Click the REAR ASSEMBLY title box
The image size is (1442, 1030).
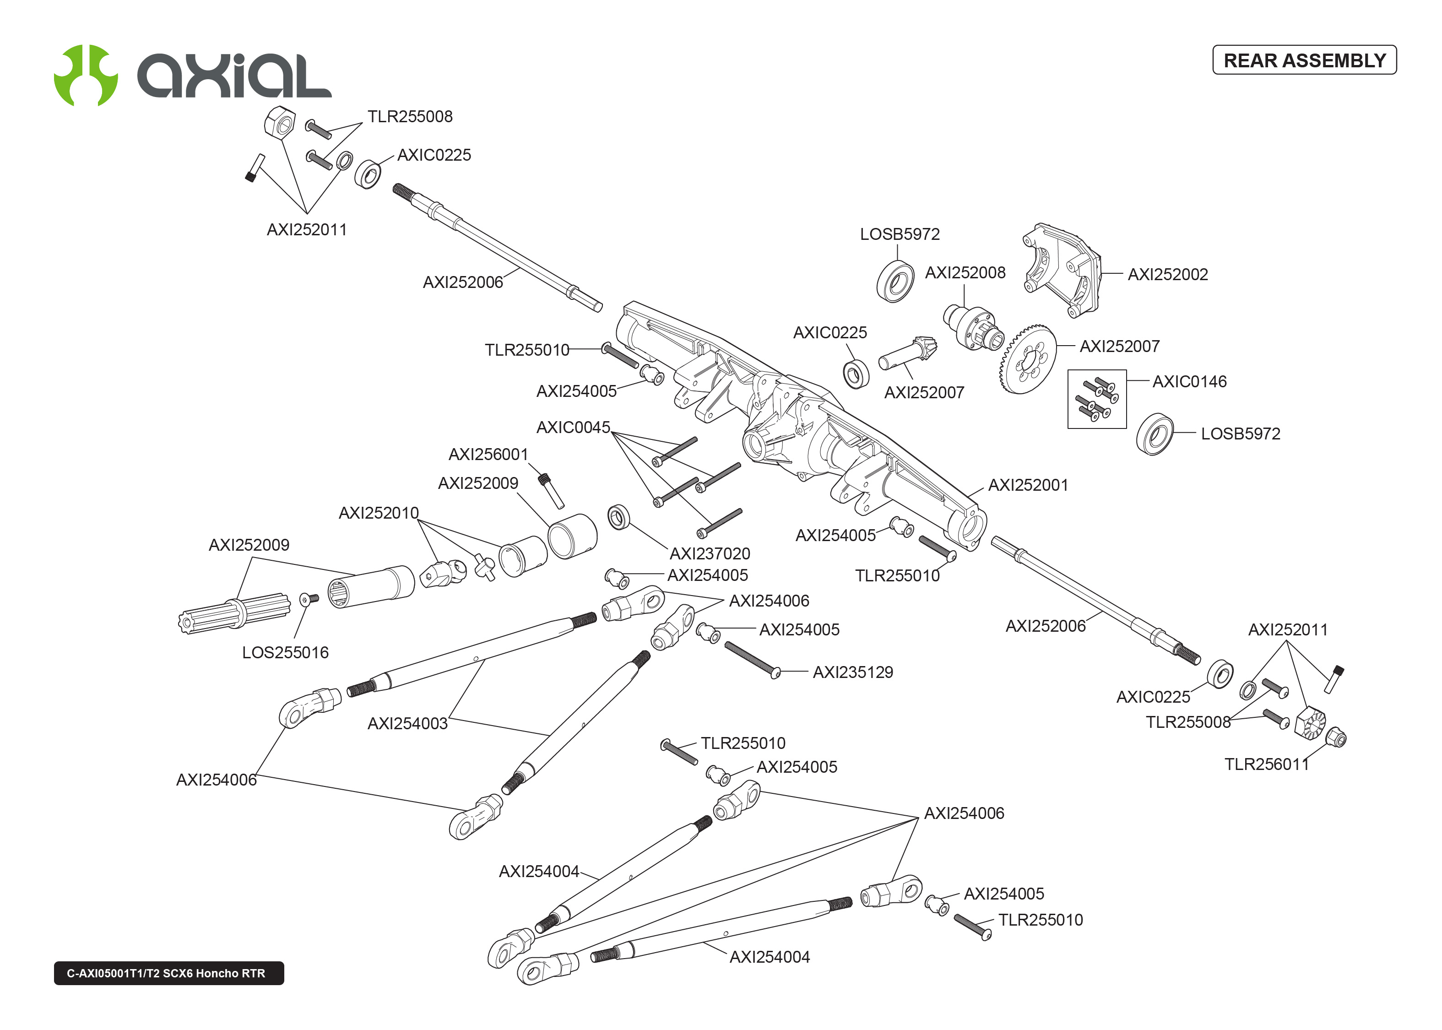click(x=1304, y=60)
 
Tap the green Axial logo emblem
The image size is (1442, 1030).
click(x=86, y=75)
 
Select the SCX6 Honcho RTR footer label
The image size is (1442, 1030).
click(x=168, y=973)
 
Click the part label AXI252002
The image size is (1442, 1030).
click(x=1167, y=275)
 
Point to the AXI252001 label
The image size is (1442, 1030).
click(x=1028, y=485)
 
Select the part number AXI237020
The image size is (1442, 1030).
click(x=710, y=554)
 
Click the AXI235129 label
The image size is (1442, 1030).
click(x=853, y=672)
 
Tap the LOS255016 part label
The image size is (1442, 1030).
click(x=285, y=653)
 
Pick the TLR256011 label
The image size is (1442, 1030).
click(x=1266, y=764)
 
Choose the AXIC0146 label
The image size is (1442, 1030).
click(x=1189, y=382)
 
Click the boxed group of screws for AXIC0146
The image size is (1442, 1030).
click(x=1096, y=399)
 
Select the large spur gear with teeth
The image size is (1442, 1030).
click(x=1027, y=360)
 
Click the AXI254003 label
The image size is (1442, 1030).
click(x=408, y=724)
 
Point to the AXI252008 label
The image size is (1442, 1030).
click(x=965, y=273)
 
